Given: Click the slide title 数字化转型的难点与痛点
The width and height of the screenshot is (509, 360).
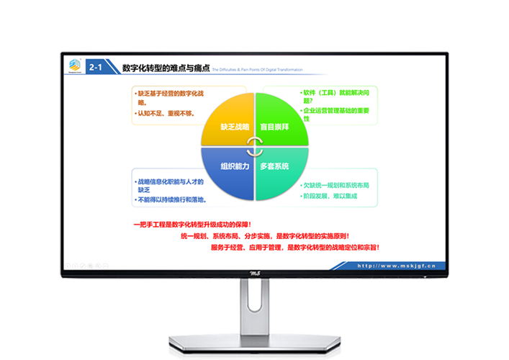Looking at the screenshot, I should click(x=166, y=68).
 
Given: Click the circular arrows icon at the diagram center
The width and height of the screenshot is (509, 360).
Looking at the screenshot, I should click(x=254, y=147).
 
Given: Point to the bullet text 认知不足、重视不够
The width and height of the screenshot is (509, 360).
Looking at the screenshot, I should click(x=166, y=114).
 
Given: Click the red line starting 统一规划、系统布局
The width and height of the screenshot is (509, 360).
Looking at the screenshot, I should click(x=264, y=235).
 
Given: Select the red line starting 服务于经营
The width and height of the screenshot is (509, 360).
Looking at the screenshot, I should click(x=294, y=247).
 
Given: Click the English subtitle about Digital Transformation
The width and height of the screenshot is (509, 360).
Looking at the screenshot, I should click(x=257, y=70).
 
